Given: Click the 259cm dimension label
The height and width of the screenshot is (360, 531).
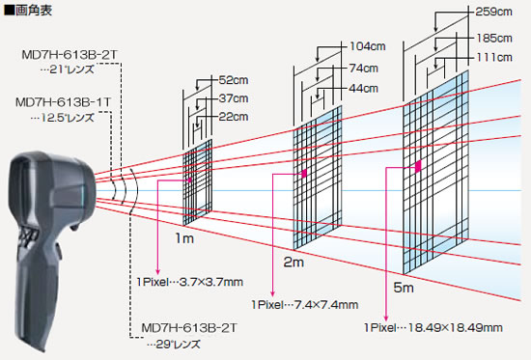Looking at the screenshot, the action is point(493,12).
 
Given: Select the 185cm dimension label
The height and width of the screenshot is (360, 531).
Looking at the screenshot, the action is point(494,38).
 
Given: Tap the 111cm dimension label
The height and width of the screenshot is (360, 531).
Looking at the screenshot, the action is point(494,57).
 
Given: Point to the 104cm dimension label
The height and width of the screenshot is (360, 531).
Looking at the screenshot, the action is point(368,46).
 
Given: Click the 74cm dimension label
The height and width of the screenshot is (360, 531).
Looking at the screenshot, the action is point(364,69).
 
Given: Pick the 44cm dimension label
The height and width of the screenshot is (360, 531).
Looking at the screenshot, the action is point(364,89).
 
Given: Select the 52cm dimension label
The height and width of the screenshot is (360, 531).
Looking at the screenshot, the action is point(234,80).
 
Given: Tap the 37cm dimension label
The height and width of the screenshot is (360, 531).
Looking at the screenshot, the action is point(234,98).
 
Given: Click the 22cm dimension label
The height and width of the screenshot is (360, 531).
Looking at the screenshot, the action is point(234,117).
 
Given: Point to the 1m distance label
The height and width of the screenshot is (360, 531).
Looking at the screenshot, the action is point(184,238).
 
